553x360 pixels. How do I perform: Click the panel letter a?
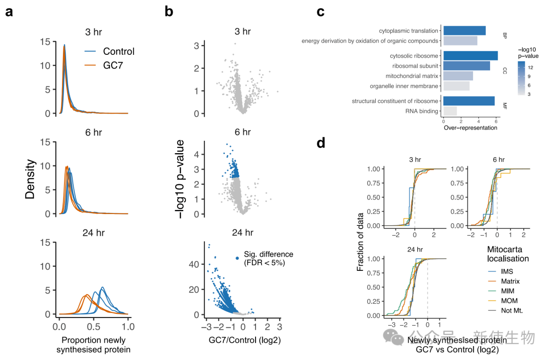point(9,12)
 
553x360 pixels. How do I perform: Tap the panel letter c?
point(321,12)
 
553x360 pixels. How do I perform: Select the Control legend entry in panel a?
point(118,52)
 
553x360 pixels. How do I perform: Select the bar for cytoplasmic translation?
point(464,30)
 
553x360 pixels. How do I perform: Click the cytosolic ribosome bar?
point(470,55)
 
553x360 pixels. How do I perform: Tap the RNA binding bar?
point(450,111)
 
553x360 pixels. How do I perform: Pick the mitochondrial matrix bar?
point(458,76)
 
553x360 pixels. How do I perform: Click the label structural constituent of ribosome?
point(395,101)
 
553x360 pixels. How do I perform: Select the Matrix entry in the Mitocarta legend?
point(511,281)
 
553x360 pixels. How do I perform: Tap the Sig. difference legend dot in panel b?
point(238,258)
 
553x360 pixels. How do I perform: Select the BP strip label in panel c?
point(504,35)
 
